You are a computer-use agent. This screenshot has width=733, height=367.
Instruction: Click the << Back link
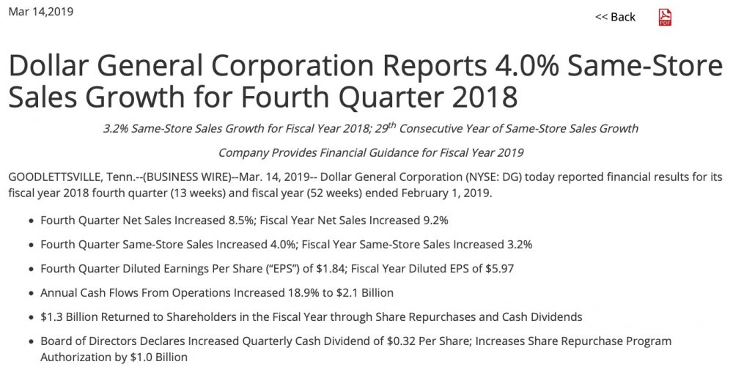tap(615, 17)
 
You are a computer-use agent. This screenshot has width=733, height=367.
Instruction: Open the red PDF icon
tap(665, 17)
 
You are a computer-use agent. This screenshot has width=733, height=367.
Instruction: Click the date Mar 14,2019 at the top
tap(40, 12)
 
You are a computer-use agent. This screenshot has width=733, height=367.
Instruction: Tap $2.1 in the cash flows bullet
tap(345, 292)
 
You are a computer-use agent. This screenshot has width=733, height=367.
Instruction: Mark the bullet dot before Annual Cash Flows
tap(30, 293)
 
